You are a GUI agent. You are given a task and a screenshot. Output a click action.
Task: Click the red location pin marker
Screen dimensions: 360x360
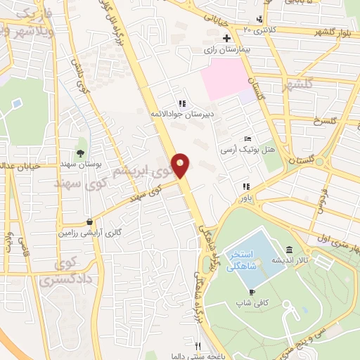(181, 166)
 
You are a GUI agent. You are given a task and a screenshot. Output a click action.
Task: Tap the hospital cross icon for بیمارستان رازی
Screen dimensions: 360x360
(226, 38)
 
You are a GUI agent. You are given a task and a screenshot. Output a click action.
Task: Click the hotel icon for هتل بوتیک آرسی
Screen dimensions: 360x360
(247, 139)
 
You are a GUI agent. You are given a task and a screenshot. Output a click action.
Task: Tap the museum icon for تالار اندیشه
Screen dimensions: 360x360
(290, 251)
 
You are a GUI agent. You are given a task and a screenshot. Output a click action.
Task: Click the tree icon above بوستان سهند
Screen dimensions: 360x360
(82, 153)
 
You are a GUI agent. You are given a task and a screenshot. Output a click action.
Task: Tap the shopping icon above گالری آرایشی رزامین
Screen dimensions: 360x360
(89, 221)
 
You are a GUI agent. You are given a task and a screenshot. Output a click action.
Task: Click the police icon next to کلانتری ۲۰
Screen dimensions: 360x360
(260, 19)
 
